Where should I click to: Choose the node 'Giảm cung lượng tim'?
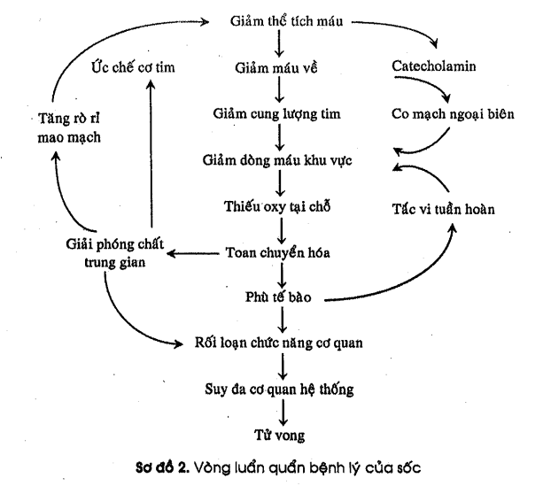280,114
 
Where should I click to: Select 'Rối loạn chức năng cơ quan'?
280,342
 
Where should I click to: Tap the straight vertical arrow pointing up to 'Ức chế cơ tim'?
151,159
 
